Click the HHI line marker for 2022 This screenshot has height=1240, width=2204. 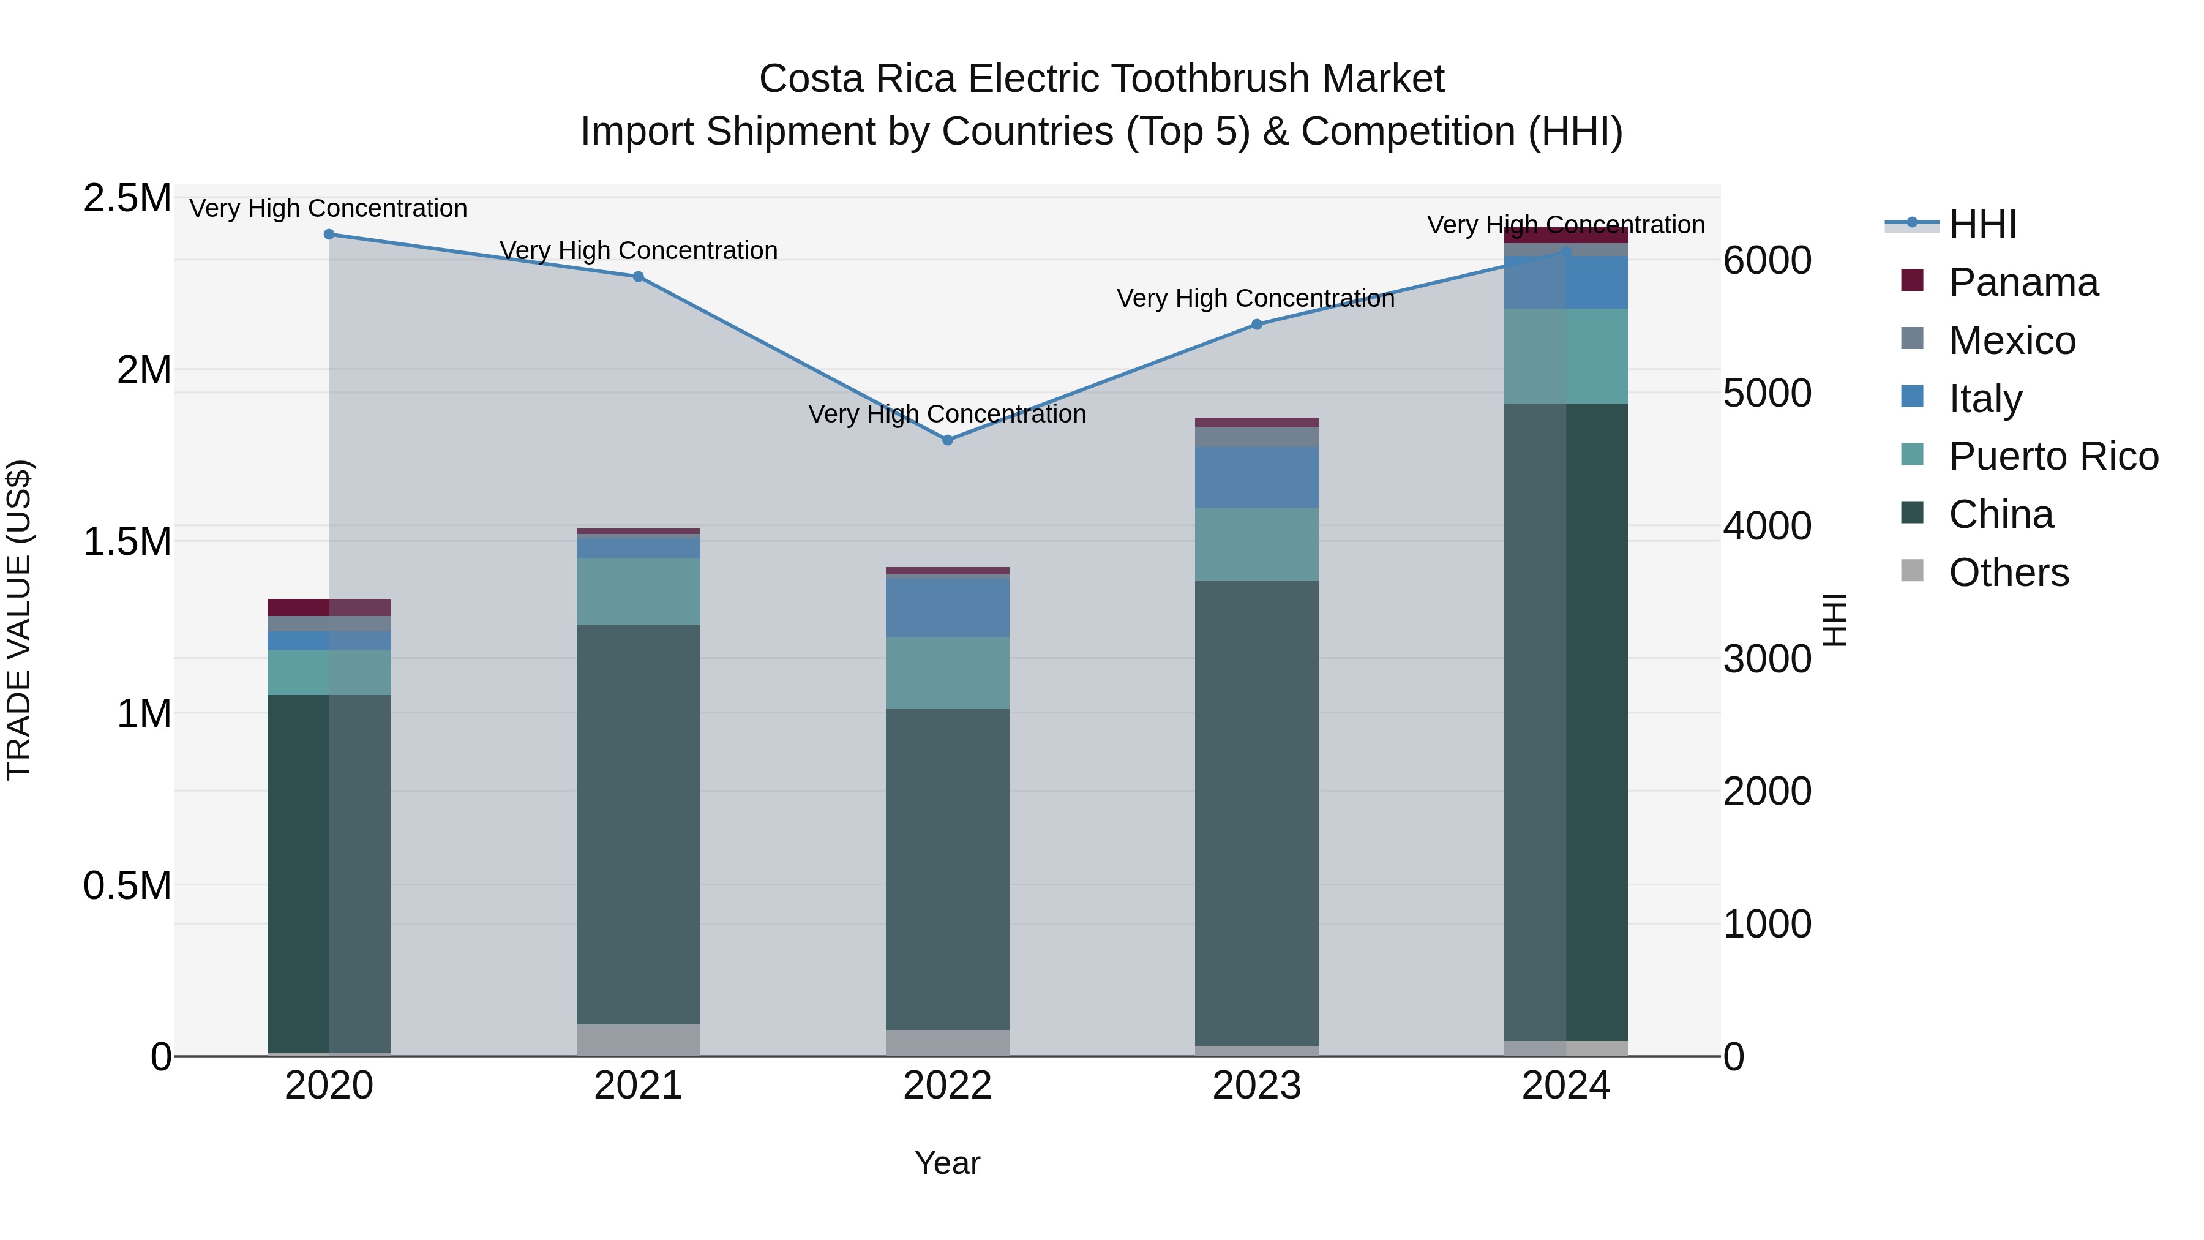[947, 440]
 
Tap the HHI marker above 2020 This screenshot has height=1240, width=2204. [329, 235]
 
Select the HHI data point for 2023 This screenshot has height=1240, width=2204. [1257, 325]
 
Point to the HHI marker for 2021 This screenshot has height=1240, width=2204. [639, 276]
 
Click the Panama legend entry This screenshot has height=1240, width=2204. [2023, 282]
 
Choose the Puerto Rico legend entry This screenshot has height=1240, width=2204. [2053, 456]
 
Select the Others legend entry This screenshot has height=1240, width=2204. [2008, 573]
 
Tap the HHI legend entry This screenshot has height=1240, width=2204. [1982, 224]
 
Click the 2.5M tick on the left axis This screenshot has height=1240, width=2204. [127, 198]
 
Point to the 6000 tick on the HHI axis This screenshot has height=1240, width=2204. [1767, 260]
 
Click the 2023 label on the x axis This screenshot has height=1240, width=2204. [1257, 1086]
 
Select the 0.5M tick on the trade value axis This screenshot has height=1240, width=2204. [127, 885]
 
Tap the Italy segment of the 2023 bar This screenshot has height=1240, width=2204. [1257, 478]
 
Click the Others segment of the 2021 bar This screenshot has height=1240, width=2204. [639, 1040]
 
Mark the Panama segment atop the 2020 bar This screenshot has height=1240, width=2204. [329, 607]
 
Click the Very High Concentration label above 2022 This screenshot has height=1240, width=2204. [947, 414]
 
